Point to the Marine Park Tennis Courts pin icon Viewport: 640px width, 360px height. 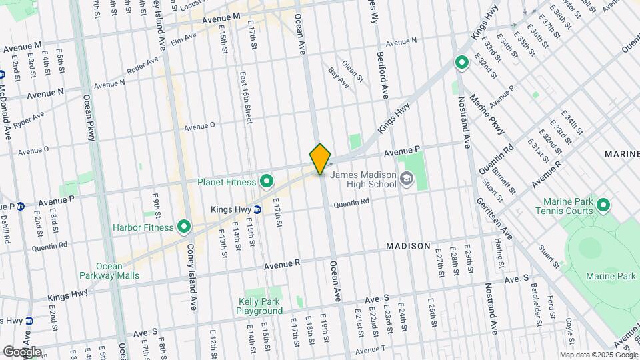tap(603, 204)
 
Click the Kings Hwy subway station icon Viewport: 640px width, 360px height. tap(257, 209)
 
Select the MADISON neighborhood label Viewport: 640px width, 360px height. tap(408, 246)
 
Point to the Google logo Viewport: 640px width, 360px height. tap(22, 351)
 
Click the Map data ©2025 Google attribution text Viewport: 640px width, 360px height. tap(598, 355)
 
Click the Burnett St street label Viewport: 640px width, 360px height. tap(509, 179)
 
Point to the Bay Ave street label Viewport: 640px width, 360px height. tap(338, 77)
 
